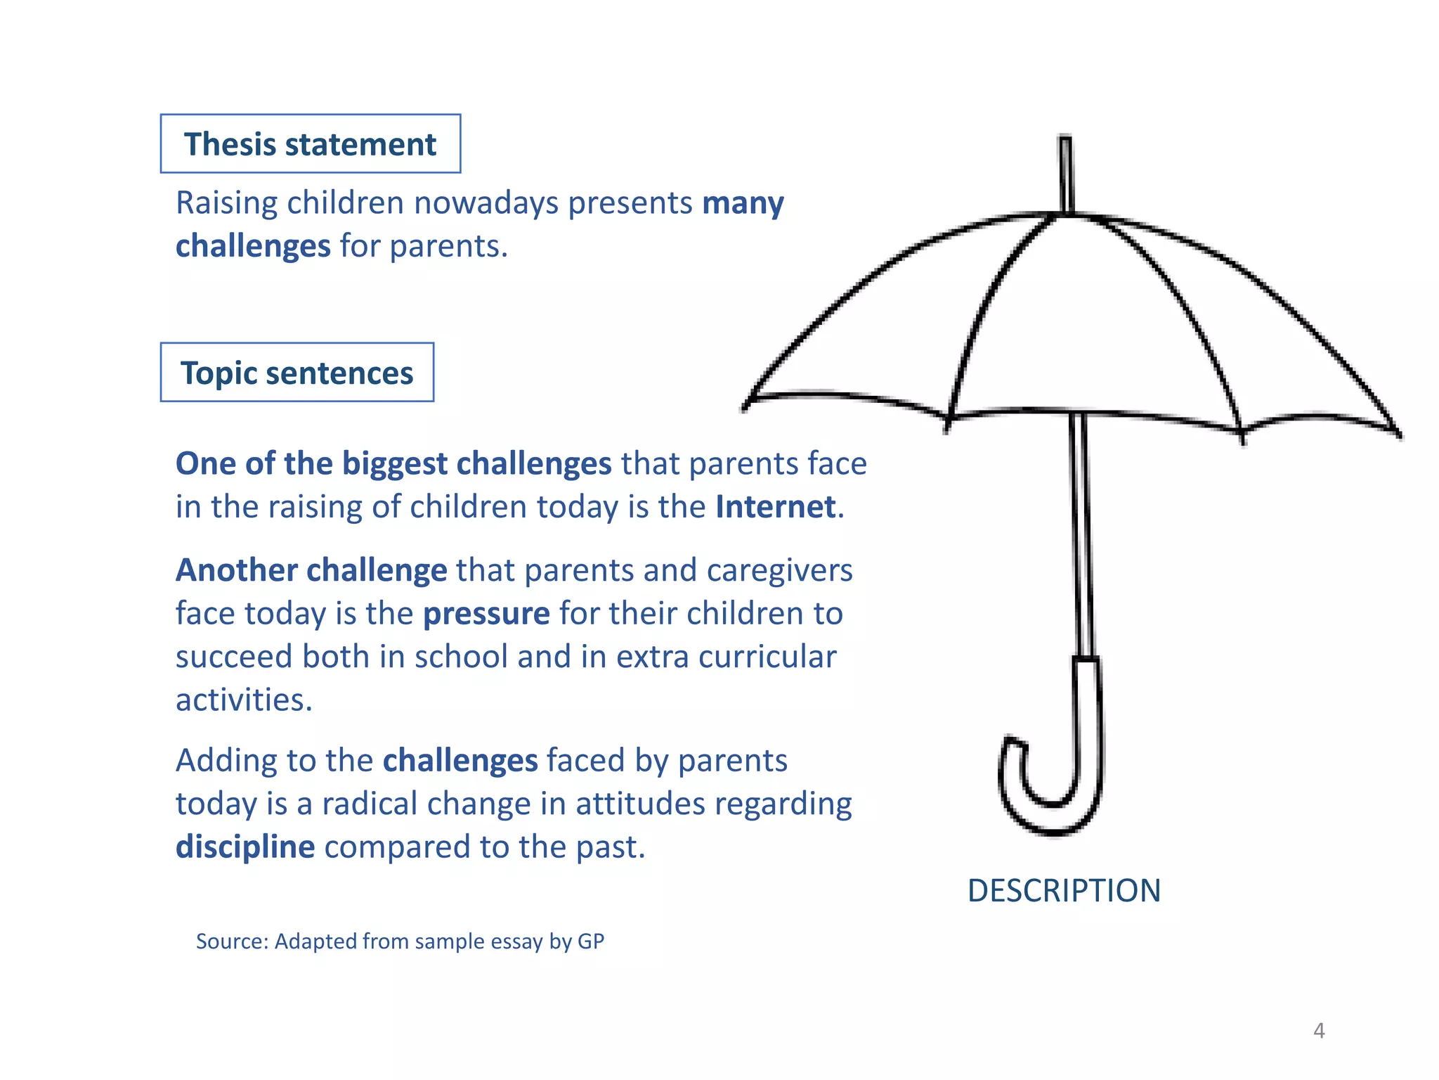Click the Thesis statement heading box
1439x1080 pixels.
tap(310, 144)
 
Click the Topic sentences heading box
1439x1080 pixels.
tap(297, 373)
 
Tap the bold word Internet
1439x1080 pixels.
tap(776, 507)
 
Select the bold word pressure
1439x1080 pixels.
tap(486, 614)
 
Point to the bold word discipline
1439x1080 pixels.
tap(245, 847)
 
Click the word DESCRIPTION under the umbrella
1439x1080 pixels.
tap(1064, 891)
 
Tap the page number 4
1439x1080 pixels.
tap(1319, 1031)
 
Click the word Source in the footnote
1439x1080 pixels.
tap(232, 941)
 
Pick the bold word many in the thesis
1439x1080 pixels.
tap(743, 203)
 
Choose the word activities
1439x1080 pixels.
tap(244, 700)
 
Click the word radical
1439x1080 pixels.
tap(370, 804)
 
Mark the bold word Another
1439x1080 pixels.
tap(236, 570)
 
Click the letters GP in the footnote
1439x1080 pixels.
tap(590, 941)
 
